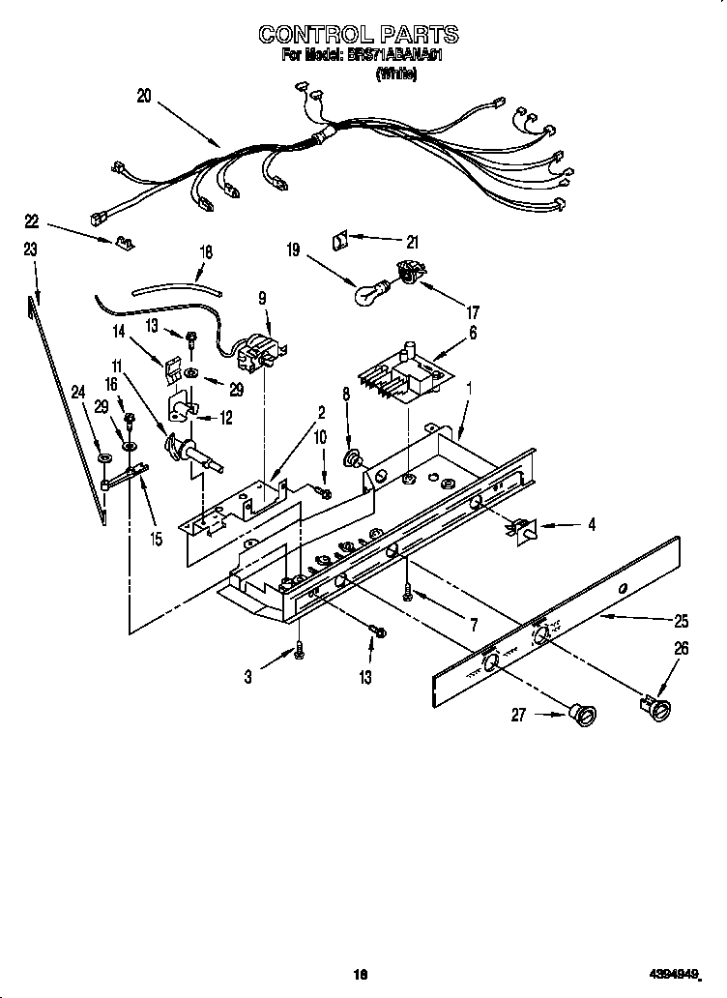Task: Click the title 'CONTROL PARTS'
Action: point(358,35)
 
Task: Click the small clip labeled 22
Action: point(123,242)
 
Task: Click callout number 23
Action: point(30,249)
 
